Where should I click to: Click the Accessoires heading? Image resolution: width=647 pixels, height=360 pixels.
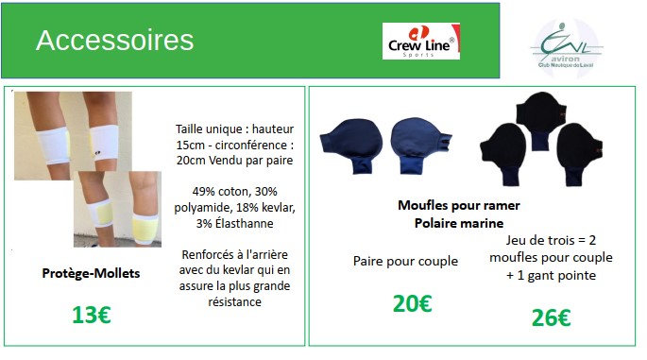coord(114,40)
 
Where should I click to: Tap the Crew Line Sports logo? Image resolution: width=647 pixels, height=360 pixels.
coord(421,42)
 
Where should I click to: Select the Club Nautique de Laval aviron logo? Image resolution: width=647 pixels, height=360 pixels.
coord(566,47)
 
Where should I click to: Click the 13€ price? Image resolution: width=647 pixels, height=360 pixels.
coord(92,315)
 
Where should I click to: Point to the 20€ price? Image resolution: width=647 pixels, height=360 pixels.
coord(412,303)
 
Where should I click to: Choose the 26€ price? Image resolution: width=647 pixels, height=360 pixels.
coord(551,317)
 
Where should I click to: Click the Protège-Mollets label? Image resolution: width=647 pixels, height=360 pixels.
coord(91,273)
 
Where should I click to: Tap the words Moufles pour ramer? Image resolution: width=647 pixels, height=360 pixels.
coord(459,205)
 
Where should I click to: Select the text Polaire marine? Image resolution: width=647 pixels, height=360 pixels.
coord(459,223)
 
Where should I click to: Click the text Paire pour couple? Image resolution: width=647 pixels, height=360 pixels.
coord(405,262)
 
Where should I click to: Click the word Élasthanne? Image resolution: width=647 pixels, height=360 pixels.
coord(245,223)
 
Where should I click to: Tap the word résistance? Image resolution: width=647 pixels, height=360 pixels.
coord(234,301)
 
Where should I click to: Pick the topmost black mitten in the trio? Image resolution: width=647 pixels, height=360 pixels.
coord(540,120)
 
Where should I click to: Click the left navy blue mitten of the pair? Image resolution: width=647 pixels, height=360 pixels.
coord(351,146)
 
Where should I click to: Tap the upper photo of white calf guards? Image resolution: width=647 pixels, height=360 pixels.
coord(73,135)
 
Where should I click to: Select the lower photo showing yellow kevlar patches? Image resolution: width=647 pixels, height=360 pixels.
coord(118,210)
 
